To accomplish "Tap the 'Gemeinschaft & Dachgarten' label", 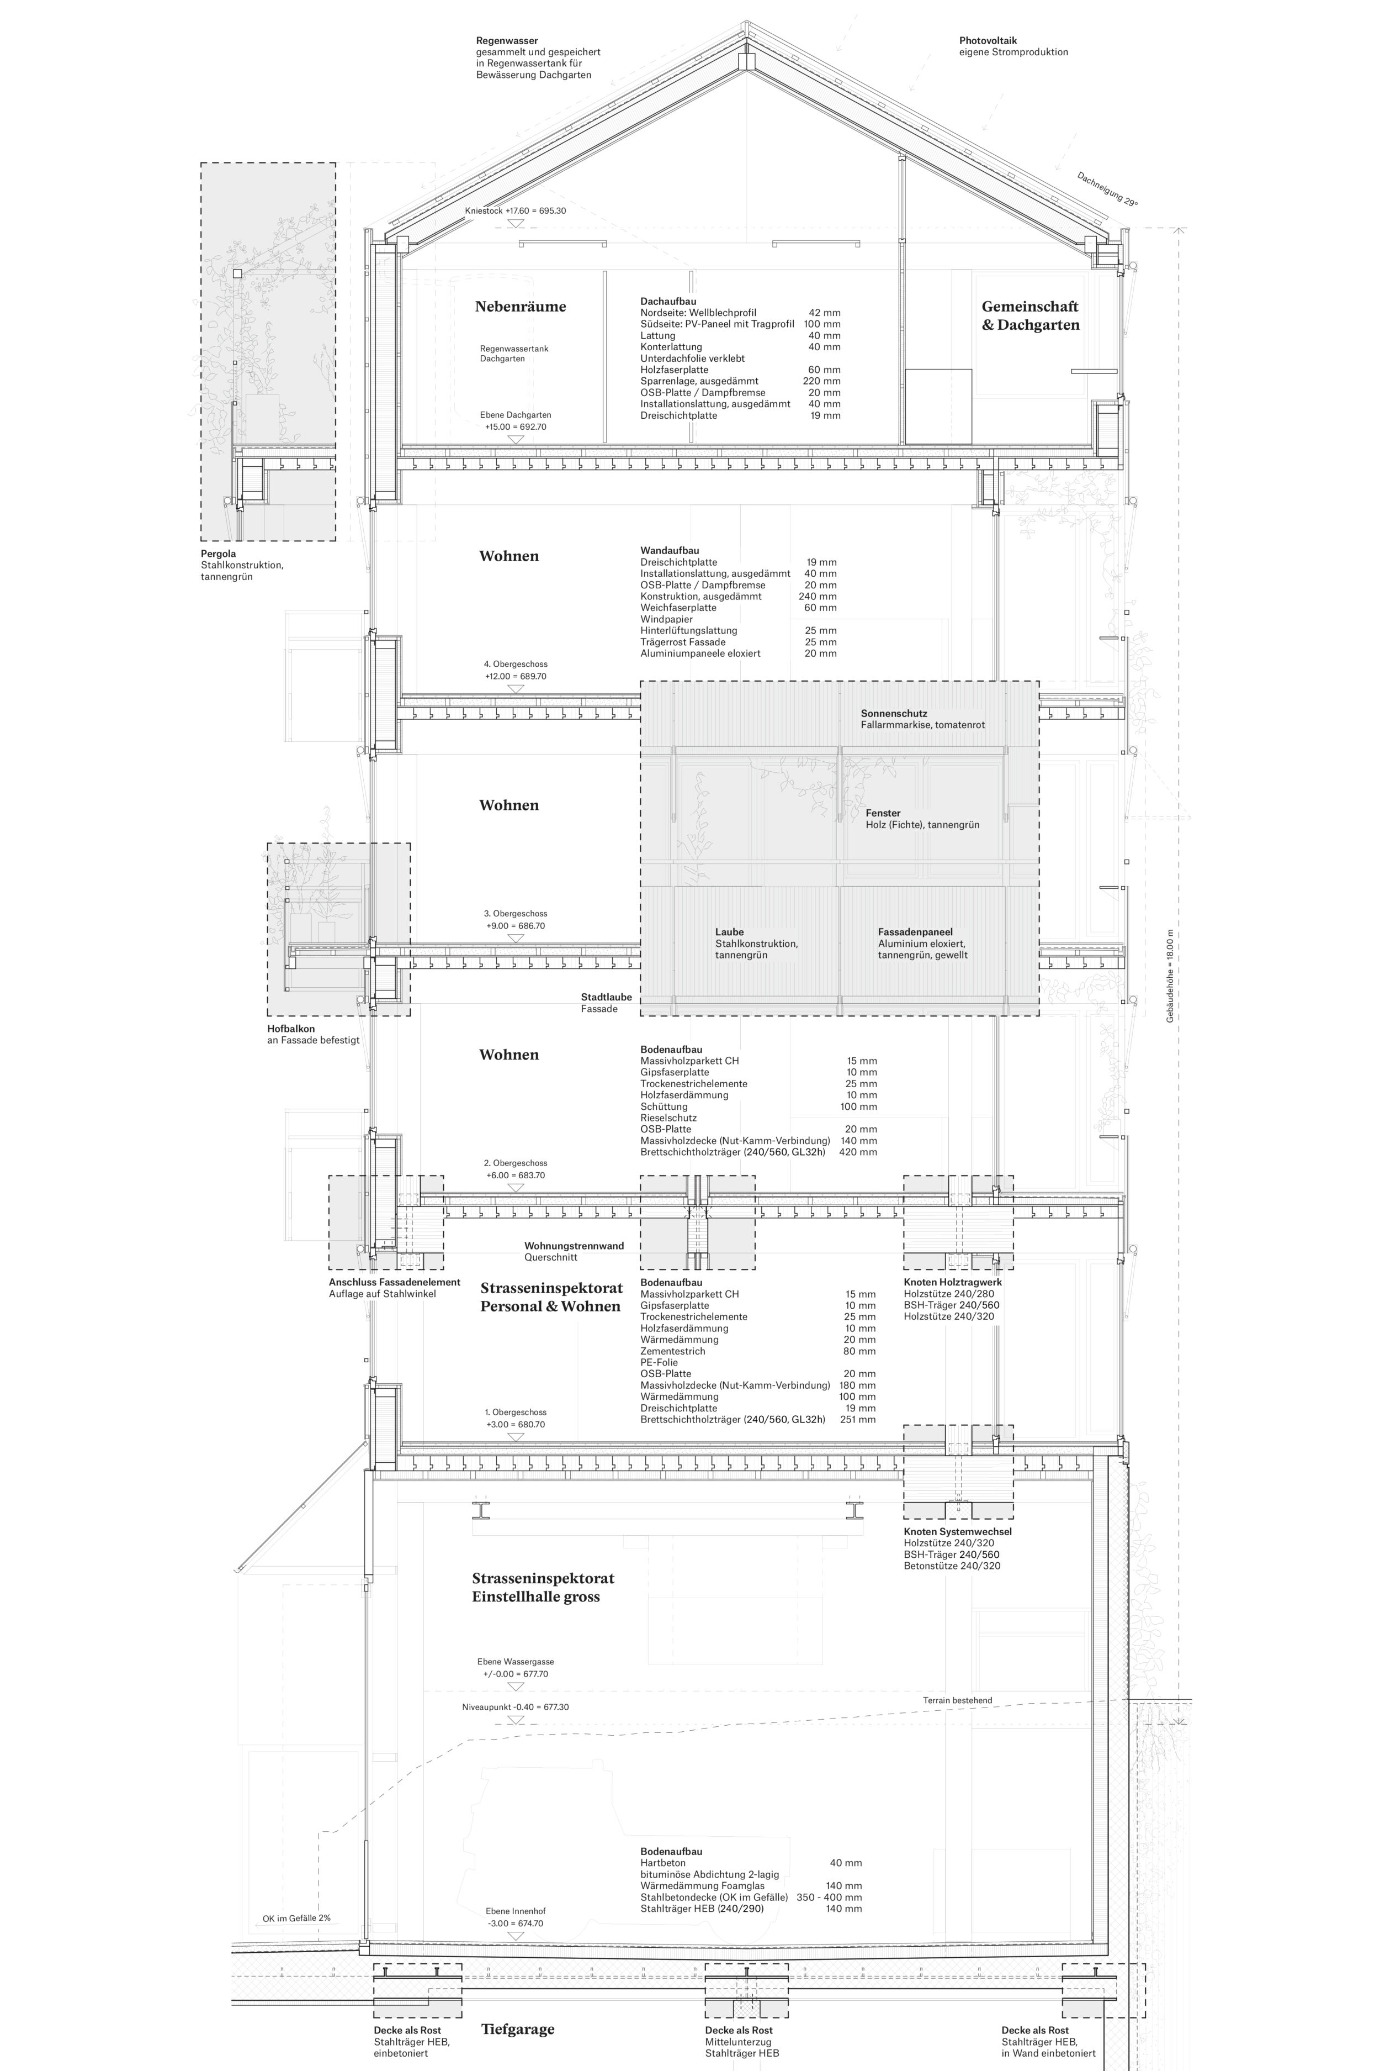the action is coord(1029,315).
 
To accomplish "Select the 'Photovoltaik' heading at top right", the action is coord(988,40).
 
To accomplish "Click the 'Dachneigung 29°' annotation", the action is coord(1107,188).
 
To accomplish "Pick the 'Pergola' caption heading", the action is coord(218,554).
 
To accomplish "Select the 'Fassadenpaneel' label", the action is coord(915,931).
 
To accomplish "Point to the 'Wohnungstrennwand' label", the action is coord(574,1246).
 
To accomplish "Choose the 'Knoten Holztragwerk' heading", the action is coord(952,1282).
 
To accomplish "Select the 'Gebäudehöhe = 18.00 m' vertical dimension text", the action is coord(1170,976).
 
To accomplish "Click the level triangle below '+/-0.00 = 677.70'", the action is coord(516,1687).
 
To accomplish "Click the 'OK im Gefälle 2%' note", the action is coord(296,1918).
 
